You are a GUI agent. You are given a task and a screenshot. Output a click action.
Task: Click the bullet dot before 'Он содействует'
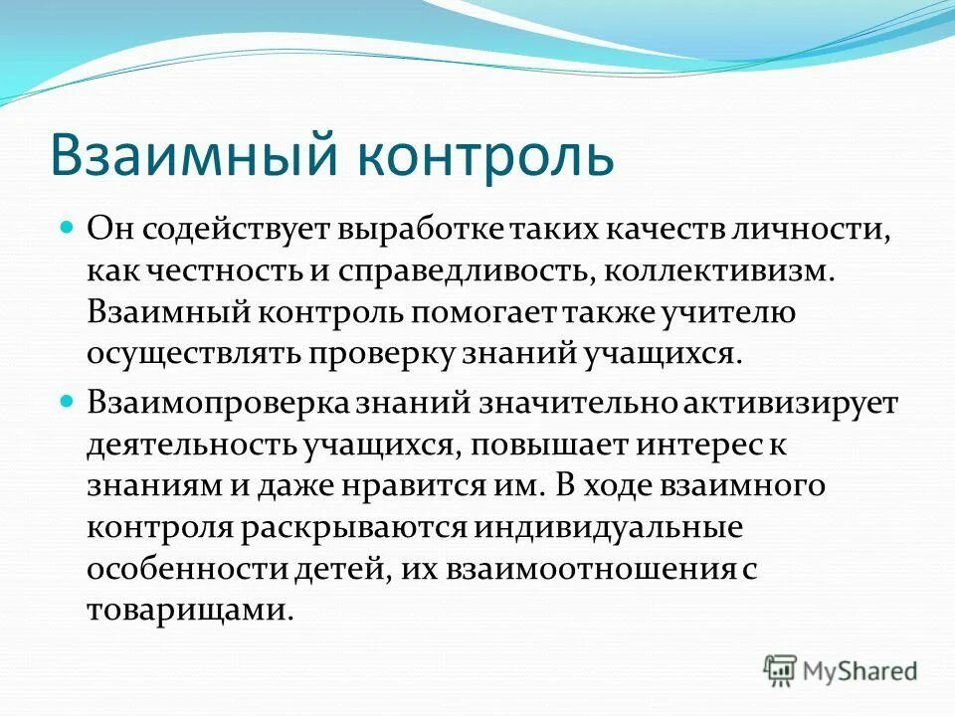pyautogui.click(x=69, y=228)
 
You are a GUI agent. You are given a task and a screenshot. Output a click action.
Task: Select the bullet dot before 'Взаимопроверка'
pyautogui.click(x=69, y=402)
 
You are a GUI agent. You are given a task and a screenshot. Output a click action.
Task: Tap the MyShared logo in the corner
pyautogui.click(x=841, y=669)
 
